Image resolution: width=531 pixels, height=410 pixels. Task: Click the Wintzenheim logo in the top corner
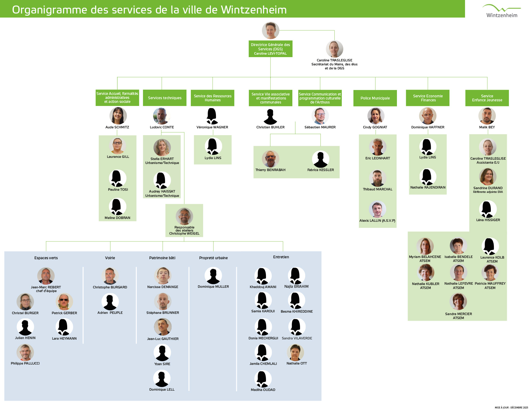[x=502, y=11]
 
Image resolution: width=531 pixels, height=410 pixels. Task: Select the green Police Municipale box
[x=375, y=98]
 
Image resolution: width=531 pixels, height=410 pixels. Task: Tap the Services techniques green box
[x=165, y=98]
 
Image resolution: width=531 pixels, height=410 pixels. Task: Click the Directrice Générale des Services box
[x=270, y=49]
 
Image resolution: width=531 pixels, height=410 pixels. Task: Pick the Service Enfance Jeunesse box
[x=487, y=98]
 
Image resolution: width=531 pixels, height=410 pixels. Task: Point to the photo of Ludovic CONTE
[x=162, y=116]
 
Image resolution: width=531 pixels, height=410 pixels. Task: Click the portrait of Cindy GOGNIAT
[x=376, y=116]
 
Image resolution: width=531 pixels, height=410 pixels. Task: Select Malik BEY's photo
[x=487, y=116]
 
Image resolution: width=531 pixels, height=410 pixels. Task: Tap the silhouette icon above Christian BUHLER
[x=270, y=117]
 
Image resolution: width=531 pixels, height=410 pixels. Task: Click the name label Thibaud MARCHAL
[x=378, y=189]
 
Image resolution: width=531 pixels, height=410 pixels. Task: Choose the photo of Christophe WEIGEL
[x=184, y=216]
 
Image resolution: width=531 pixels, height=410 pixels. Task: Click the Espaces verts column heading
[x=46, y=258]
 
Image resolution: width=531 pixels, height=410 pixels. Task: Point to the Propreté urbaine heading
[x=213, y=258]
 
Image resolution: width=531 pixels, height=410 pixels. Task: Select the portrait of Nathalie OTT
[x=295, y=352]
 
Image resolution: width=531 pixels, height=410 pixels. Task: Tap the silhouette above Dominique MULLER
[x=213, y=275]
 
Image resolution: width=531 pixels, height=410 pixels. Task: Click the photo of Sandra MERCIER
[x=458, y=302]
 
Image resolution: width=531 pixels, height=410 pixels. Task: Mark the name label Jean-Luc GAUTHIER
[x=163, y=339]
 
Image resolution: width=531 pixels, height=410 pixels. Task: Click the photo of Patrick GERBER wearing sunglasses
[x=64, y=302]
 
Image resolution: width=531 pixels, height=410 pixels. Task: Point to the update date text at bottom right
[x=511, y=408]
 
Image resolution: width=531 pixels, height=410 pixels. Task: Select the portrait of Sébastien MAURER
[x=320, y=116]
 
